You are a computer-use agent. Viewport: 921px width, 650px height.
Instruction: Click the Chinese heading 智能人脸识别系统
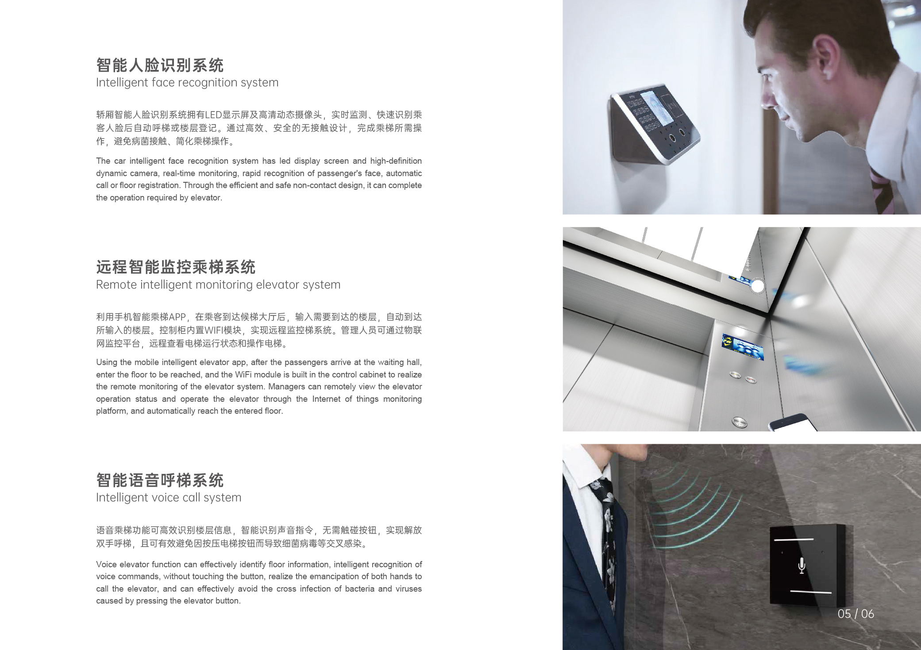(160, 65)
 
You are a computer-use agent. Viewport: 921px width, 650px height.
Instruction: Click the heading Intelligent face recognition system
(187, 83)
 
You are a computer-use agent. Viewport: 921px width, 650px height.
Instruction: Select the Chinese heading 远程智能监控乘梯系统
(176, 267)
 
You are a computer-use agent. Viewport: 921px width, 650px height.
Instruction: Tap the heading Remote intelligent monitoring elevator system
(218, 285)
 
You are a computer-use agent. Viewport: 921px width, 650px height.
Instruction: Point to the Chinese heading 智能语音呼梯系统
(160, 480)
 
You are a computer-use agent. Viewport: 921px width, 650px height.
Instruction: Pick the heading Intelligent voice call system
(169, 498)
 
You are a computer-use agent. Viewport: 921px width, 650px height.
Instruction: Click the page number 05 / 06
(855, 614)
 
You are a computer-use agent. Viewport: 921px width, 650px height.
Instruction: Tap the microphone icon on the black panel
(801, 566)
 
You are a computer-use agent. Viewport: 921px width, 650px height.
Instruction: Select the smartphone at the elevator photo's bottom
(793, 423)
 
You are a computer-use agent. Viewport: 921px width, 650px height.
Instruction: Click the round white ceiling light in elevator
(757, 286)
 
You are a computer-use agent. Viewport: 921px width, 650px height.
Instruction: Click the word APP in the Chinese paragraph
(177, 317)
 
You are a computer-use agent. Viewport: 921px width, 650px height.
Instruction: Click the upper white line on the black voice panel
(794, 540)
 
